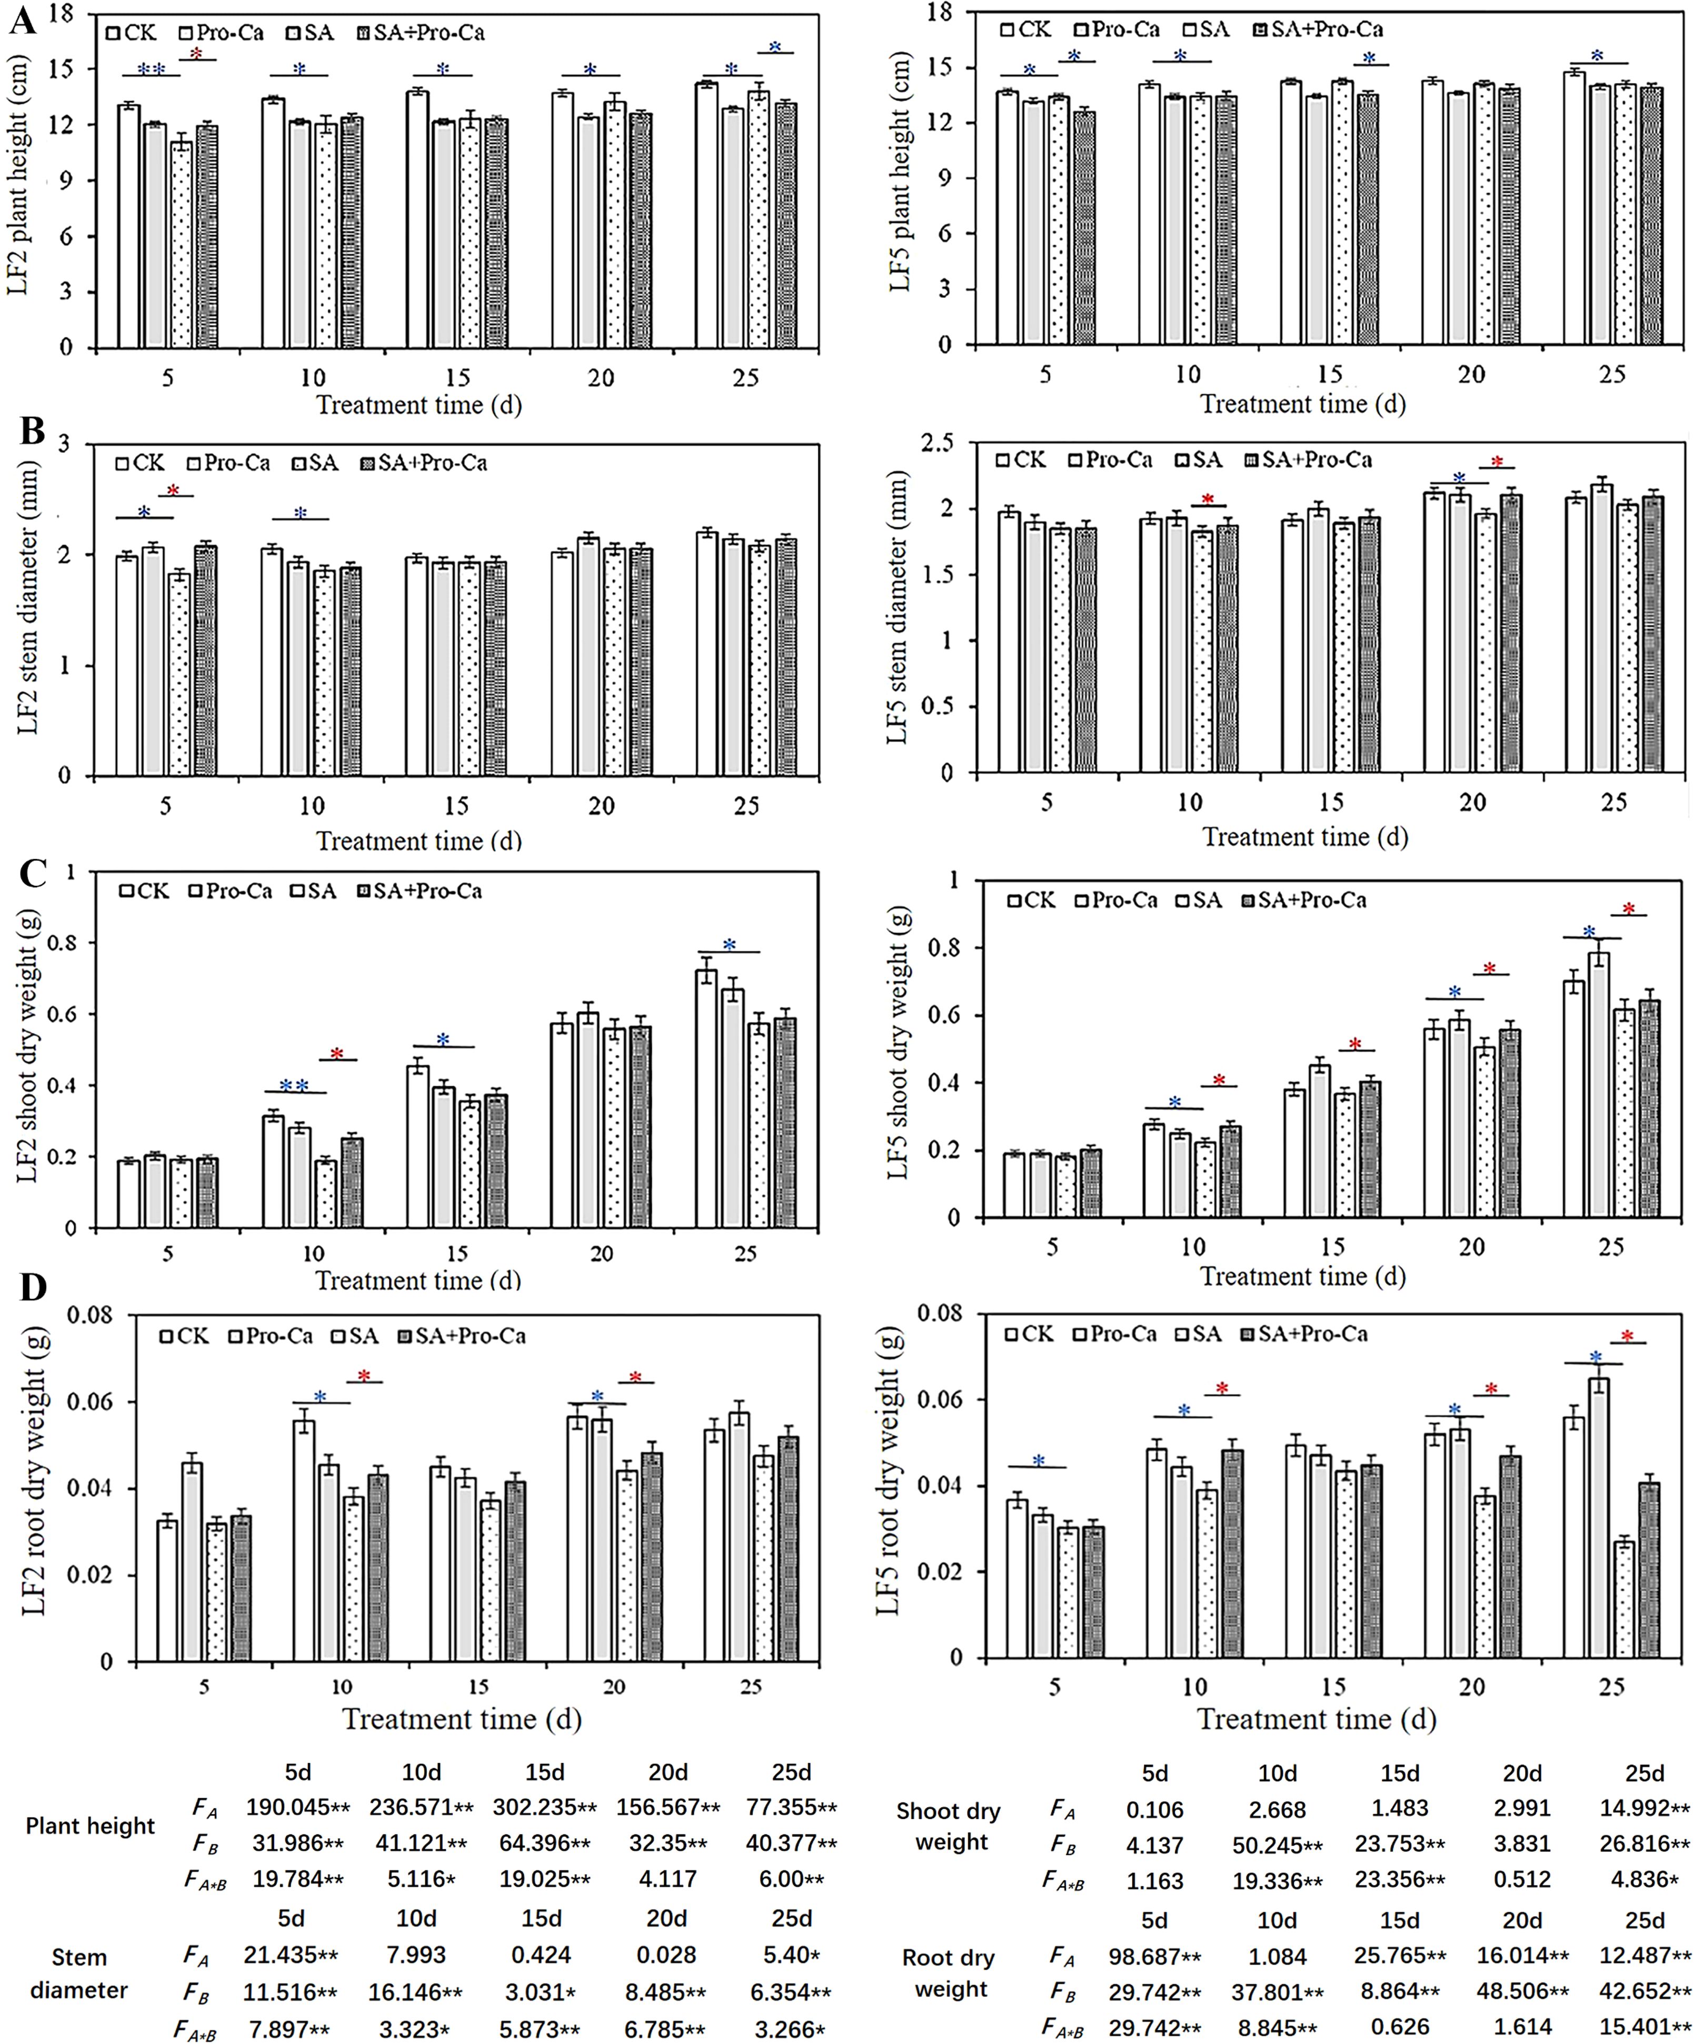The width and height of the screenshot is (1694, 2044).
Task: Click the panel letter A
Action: coord(22,19)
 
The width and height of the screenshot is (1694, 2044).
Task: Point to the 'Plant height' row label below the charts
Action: coord(89,1826)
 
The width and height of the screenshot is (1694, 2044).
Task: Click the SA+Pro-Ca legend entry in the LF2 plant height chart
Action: coord(421,33)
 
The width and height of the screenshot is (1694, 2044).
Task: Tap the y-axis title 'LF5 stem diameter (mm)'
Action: coord(896,609)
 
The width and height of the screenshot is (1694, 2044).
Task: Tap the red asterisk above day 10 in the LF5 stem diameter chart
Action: coord(1208,500)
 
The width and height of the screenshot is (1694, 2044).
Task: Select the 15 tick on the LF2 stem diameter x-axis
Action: coord(456,806)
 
